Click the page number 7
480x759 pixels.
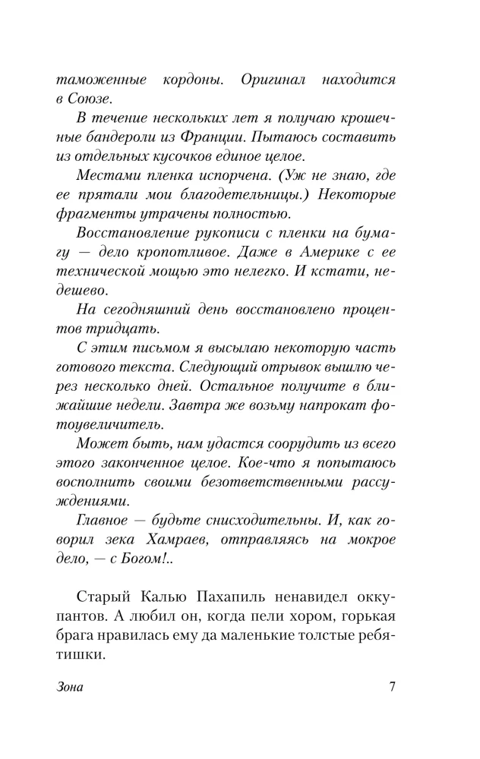coord(392,688)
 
